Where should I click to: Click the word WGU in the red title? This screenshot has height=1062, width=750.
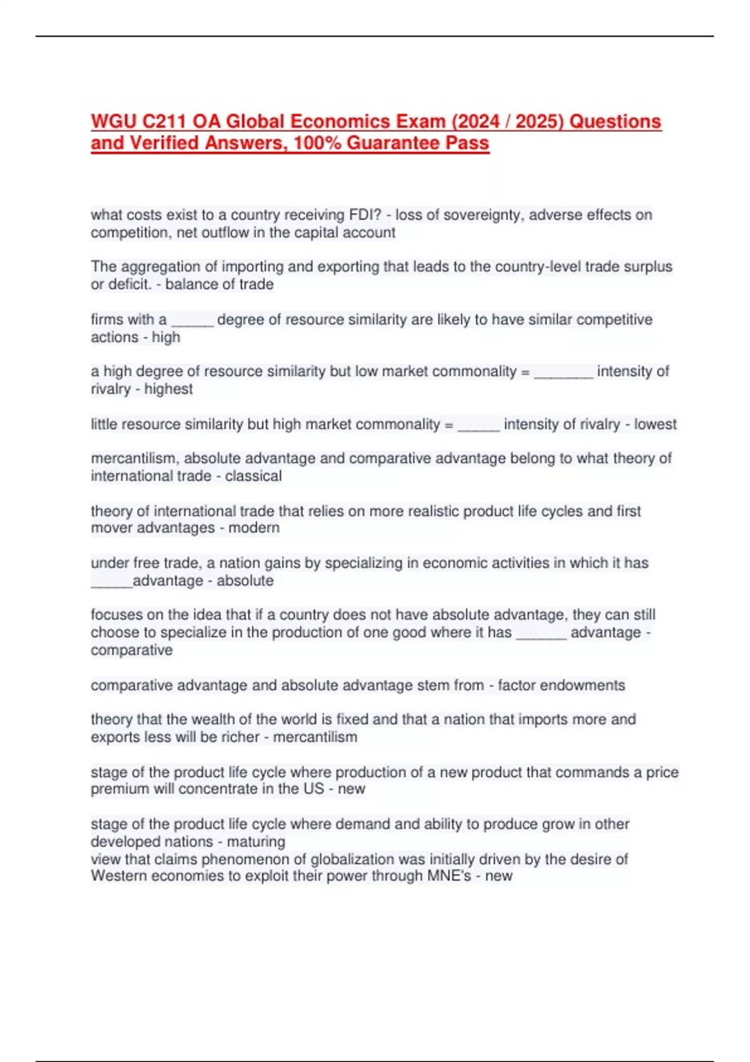tap(111, 121)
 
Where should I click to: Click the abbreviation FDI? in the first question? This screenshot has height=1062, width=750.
tap(366, 215)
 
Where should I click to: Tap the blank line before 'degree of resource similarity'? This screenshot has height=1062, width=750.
tap(192, 321)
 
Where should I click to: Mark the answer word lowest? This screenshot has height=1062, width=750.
tap(655, 424)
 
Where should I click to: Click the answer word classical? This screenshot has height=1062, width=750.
tap(253, 476)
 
